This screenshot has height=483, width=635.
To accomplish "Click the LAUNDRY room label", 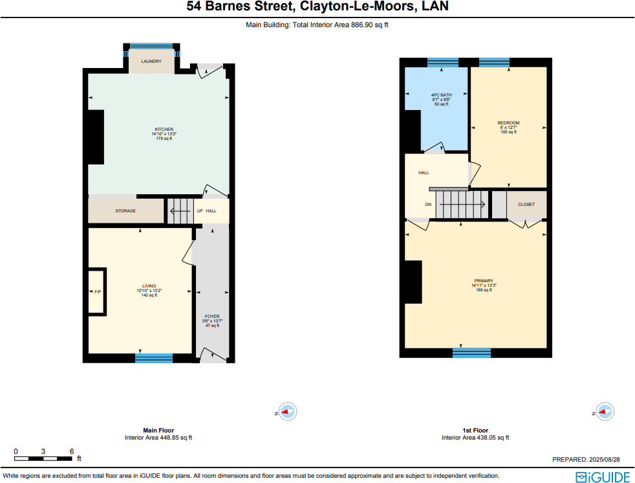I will [151, 62].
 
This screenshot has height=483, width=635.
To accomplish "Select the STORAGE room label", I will [125, 211].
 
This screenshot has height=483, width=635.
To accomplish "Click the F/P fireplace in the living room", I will [98, 291].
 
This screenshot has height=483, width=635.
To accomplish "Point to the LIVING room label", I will [149, 286].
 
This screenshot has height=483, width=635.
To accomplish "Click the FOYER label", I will [212, 317].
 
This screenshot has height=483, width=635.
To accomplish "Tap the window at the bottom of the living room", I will [154, 358].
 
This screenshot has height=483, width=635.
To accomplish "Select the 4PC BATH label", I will [441, 95].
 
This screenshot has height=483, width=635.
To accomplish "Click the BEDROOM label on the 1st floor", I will [508, 123].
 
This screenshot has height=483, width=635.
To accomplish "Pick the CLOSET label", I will [526, 205].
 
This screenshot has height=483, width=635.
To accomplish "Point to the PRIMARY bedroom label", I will [484, 281].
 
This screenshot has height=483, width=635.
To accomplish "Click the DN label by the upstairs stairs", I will [428, 205].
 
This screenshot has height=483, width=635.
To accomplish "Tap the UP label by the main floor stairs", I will [200, 211].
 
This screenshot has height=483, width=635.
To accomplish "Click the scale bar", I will [43, 458].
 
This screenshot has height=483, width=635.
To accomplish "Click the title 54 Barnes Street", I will [317, 7].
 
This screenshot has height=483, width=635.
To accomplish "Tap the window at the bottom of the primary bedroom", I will [472, 353].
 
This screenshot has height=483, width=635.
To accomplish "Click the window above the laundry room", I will [151, 47].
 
